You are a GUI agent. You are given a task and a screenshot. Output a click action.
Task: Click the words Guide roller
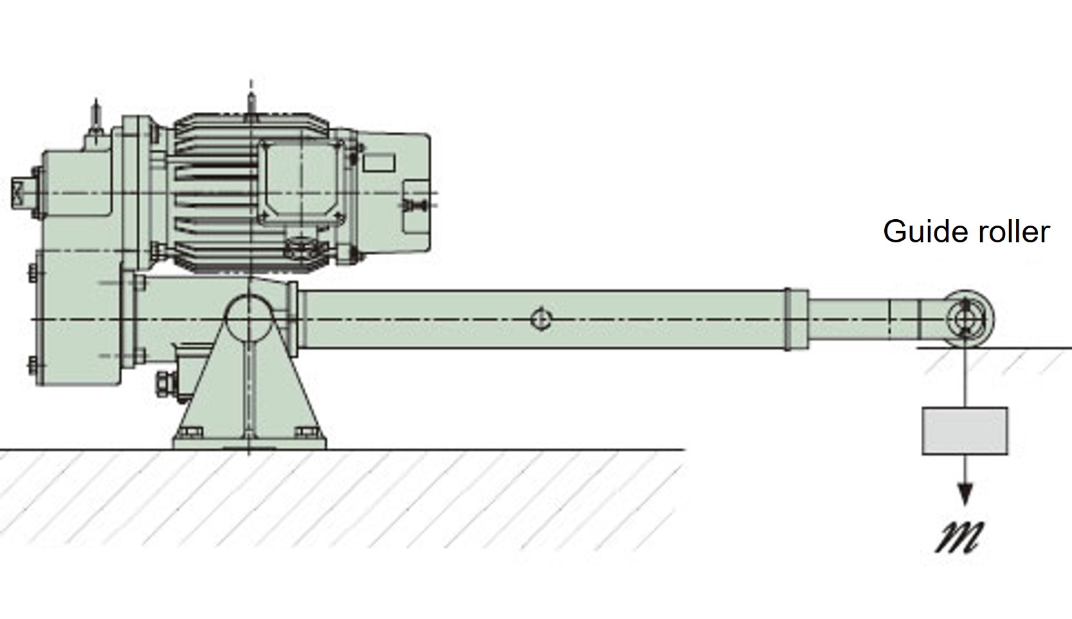[x=967, y=232]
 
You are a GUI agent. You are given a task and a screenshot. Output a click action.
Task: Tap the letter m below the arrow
[x=959, y=537]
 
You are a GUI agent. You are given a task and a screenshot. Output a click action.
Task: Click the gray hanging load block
[x=965, y=431]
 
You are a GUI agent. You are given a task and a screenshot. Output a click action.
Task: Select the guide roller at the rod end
[x=968, y=319]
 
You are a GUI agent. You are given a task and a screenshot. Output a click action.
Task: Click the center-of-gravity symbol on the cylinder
[x=541, y=319]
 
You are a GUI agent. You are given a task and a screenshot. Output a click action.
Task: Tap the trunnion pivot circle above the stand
[x=248, y=319]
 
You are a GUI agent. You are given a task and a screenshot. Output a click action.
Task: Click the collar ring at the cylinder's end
[x=796, y=319]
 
